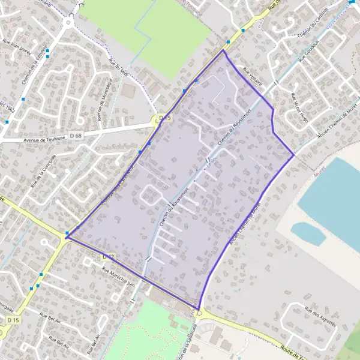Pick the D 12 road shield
108,256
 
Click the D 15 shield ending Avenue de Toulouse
164,118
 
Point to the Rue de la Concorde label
42,171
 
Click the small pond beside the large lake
308,232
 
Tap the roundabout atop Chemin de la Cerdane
68,22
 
